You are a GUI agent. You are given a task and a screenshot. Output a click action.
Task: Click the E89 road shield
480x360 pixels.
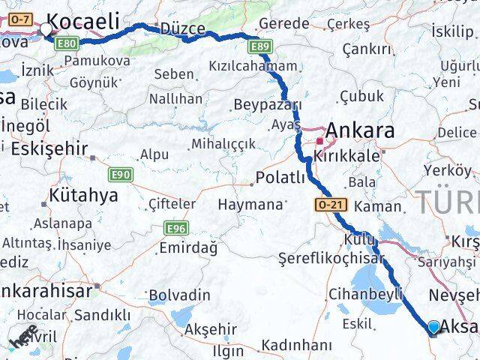pyautogui.click(x=261, y=47)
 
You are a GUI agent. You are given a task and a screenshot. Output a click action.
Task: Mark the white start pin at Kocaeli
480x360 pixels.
pyautogui.click(x=46, y=30)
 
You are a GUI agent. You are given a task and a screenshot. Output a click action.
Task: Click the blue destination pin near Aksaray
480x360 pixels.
pyautogui.click(x=434, y=327)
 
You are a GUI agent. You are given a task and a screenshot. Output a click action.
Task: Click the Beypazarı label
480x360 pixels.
pyautogui.click(x=268, y=104)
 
